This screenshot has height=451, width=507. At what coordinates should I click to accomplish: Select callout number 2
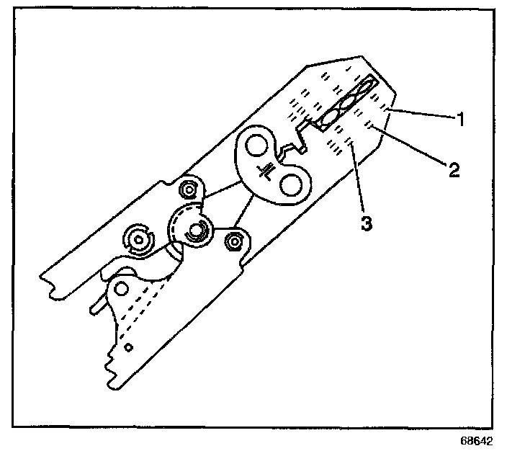pos(453,170)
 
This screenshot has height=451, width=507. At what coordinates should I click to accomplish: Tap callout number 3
pos(367,223)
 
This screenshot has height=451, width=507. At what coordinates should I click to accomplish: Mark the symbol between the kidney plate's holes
pos(268,169)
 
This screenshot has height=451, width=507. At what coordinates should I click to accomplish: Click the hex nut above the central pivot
pos(189,189)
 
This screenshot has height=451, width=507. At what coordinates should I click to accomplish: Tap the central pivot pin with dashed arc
pos(195,231)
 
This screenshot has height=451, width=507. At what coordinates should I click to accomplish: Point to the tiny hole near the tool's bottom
pos(127,348)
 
